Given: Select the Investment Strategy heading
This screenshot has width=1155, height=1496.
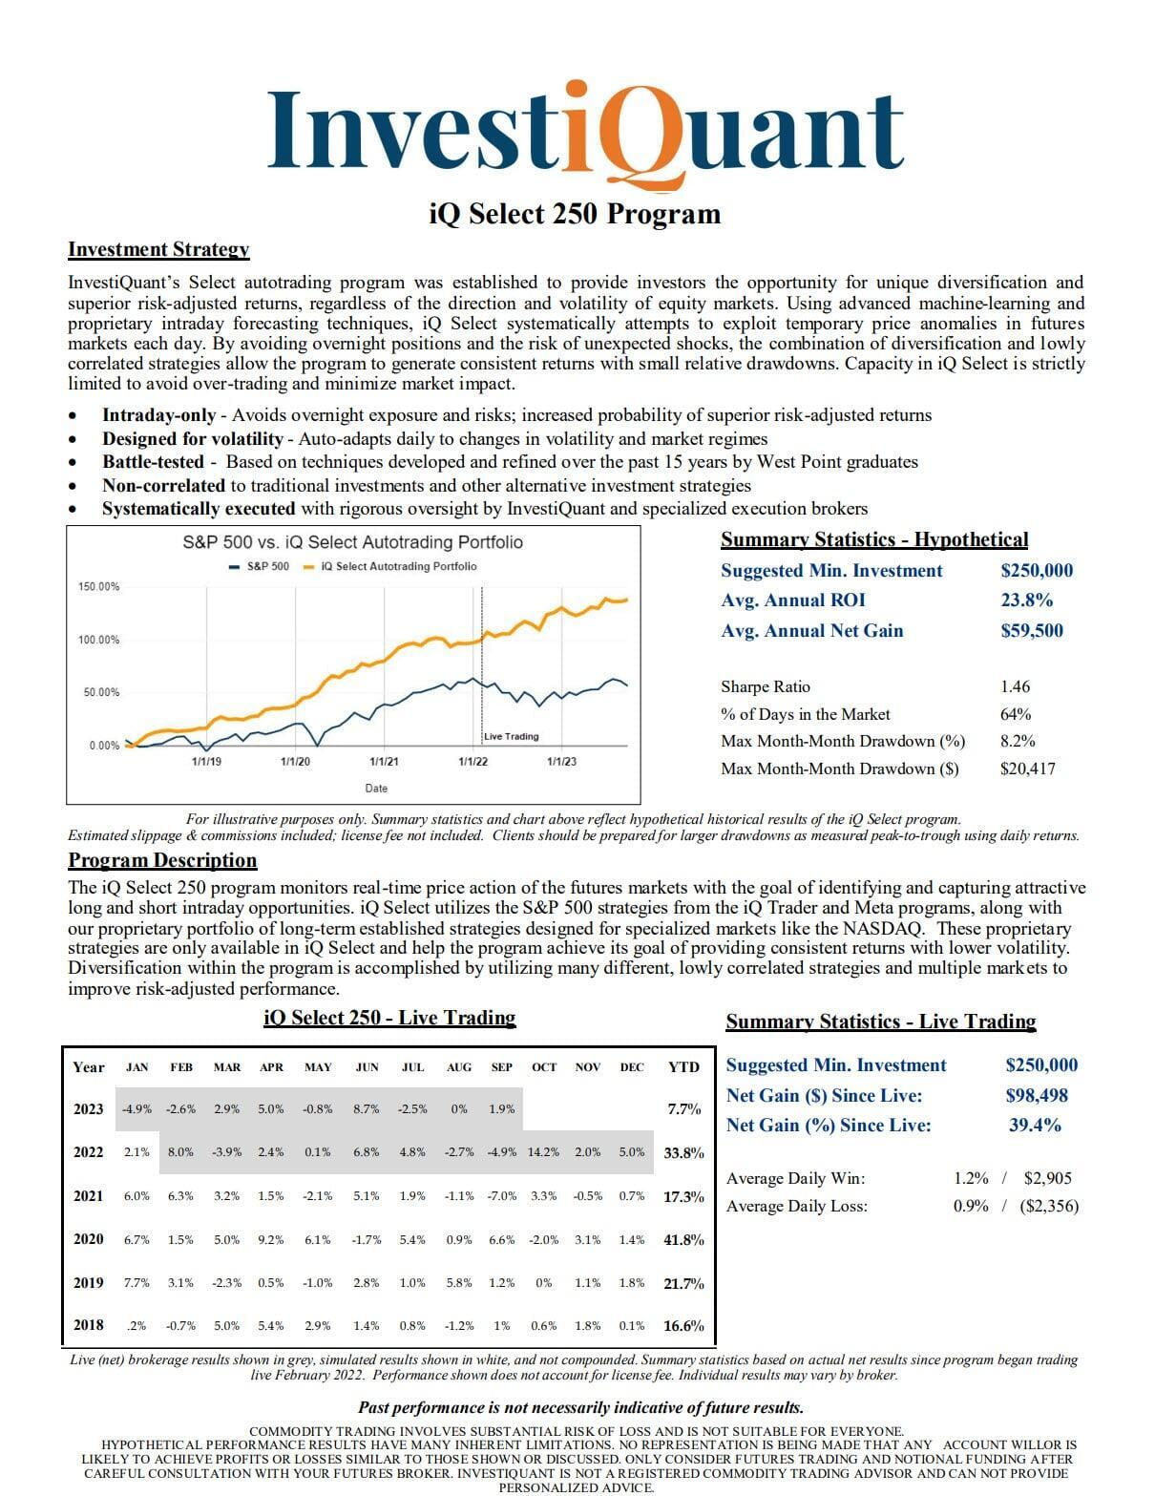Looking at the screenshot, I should point(158,249).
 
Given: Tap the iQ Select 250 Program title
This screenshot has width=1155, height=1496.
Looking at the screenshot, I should point(575,212).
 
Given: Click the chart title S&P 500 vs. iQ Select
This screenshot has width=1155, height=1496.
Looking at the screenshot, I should point(352,542).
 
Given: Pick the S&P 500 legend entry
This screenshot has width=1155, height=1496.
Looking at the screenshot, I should point(259,566).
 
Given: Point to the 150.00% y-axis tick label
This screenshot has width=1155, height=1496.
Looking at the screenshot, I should point(98,586).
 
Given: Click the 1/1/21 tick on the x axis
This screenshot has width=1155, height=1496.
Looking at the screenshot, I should point(384,761).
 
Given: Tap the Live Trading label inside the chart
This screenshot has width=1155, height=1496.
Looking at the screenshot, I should point(511,736).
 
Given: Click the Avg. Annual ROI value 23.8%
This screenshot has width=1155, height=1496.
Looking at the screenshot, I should point(1026,601).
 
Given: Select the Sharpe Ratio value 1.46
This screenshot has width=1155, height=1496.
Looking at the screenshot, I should point(1015,686).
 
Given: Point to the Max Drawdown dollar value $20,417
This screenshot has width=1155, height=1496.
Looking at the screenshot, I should point(1027,769).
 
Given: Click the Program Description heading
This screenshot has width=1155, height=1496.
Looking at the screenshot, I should point(162,860).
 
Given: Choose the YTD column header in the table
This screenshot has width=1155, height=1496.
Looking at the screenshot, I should point(683,1067).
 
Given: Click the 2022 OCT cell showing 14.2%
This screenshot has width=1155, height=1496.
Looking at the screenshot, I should point(543,1152).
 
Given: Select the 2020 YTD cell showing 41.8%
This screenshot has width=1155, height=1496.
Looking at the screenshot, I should point(683,1240).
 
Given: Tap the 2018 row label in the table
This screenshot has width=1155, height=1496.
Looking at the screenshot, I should point(89,1325).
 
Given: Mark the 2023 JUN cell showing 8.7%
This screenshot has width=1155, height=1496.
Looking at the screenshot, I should point(367,1109).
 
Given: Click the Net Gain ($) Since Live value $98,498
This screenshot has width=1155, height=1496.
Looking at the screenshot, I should point(1037,1095).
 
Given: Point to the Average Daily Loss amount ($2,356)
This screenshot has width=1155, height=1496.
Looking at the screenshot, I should point(1049,1206).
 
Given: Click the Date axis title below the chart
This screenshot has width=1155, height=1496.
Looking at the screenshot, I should point(376,789).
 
